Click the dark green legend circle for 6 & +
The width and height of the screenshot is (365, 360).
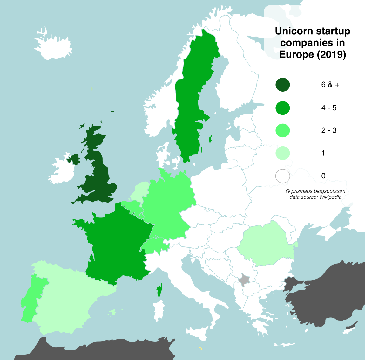pyautogui.click(x=282, y=85)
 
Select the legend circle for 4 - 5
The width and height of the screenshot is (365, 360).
pyautogui.click(x=282, y=108)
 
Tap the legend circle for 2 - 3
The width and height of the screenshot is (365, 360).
pyautogui.click(x=282, y=130)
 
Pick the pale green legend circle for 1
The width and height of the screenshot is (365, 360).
pyautogui.click(x=282, y=153)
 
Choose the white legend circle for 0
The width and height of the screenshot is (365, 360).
pyautogui.click(x=282, y=176)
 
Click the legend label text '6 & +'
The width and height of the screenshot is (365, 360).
pyautogui.click(x=330, y=85)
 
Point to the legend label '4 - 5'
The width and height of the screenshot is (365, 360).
pyautogui.click(x=328, y=108)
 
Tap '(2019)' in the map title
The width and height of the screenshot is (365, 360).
pyautogui.click(x=331, y=54)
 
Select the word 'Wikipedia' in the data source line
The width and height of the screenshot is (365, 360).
pyautogui.click(x=330, y=197)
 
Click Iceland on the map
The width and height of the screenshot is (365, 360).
pyautogui.click(x=52, y=46)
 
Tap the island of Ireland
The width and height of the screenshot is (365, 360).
pyautogui.click(x=64, y=170)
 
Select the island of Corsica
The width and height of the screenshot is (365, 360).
pyautogui.click(x=159, y=290)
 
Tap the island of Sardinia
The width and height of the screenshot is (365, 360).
pyautogui.click(x=159, y=310)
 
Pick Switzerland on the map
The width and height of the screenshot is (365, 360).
pyautogui.click(x=155, y=245)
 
